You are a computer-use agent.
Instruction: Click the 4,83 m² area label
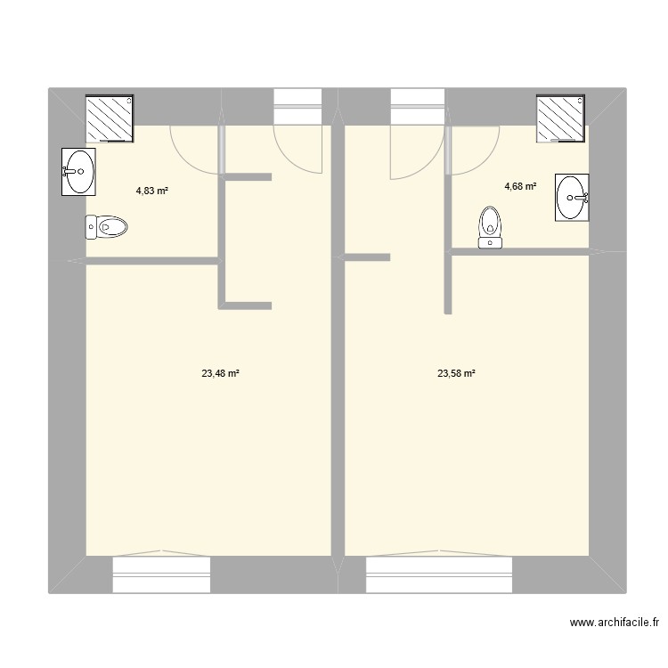point(152,190)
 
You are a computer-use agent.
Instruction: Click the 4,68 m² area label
point(520,186)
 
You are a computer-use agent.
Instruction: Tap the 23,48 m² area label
point(220,374)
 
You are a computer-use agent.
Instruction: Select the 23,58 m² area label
point(455,374)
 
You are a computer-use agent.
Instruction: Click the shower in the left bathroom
point(109,118)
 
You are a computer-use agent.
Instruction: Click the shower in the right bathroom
point(560,118)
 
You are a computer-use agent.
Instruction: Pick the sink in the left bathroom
point(78,171)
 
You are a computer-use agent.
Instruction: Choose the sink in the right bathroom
point(572,197)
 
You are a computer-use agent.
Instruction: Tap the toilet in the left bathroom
point(107,228)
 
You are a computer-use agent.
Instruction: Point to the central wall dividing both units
point(338,356)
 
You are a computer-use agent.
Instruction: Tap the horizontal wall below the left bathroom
point(151,261)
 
